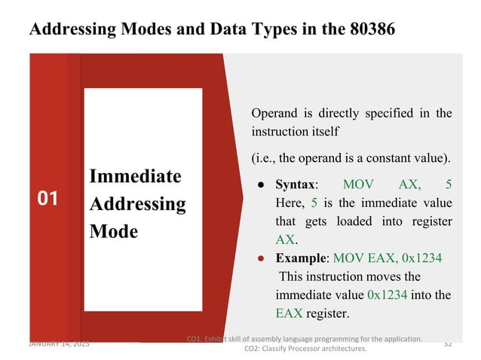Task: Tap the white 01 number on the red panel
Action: (x=48, y=199)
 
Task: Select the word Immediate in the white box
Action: (x=135, y=176)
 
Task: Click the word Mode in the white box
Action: (x=113, y=231)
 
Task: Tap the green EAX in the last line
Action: (x=291, y=312)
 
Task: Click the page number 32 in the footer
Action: (x=448, y=343)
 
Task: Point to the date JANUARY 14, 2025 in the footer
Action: (x=59, y=343)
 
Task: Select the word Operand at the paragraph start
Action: (x=274, y=114)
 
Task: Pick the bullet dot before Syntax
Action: (x=260, y=185)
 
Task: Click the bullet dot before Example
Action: (x=260, y=259)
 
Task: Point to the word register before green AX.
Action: (x=430, y=221)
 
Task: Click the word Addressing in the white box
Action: (x=137, y=204)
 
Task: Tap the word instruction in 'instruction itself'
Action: (x=280, y=132)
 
